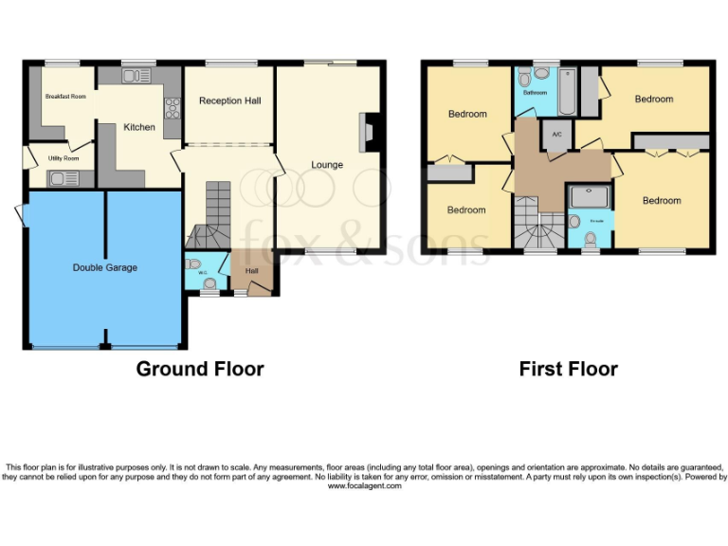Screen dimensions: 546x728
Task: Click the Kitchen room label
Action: [x=139, y=127]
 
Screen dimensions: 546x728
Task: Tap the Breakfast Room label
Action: [x=64, y=97]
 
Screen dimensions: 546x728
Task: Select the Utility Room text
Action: [x=58, y=158]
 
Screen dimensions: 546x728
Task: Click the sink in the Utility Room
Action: [x=63, y=177]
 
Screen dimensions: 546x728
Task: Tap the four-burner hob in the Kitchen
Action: [x=173, y=111]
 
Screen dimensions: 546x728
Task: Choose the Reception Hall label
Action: [x=229, y=100]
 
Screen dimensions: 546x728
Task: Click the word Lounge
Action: [x=327, y=165]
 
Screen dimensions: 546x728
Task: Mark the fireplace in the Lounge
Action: [x=368, y=132]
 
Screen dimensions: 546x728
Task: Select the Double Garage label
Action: [x=105, y=268]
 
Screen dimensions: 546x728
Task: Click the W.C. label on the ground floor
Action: [x=201, y=271]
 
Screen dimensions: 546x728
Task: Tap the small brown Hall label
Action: [x=252, y=271]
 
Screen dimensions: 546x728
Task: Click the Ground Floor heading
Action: [x=200, y=369]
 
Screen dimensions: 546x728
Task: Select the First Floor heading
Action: [x=568, y=369]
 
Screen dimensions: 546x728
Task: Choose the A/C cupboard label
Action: [x=556, y=135]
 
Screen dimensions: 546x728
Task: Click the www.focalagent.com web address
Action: [x=365, y=486]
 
